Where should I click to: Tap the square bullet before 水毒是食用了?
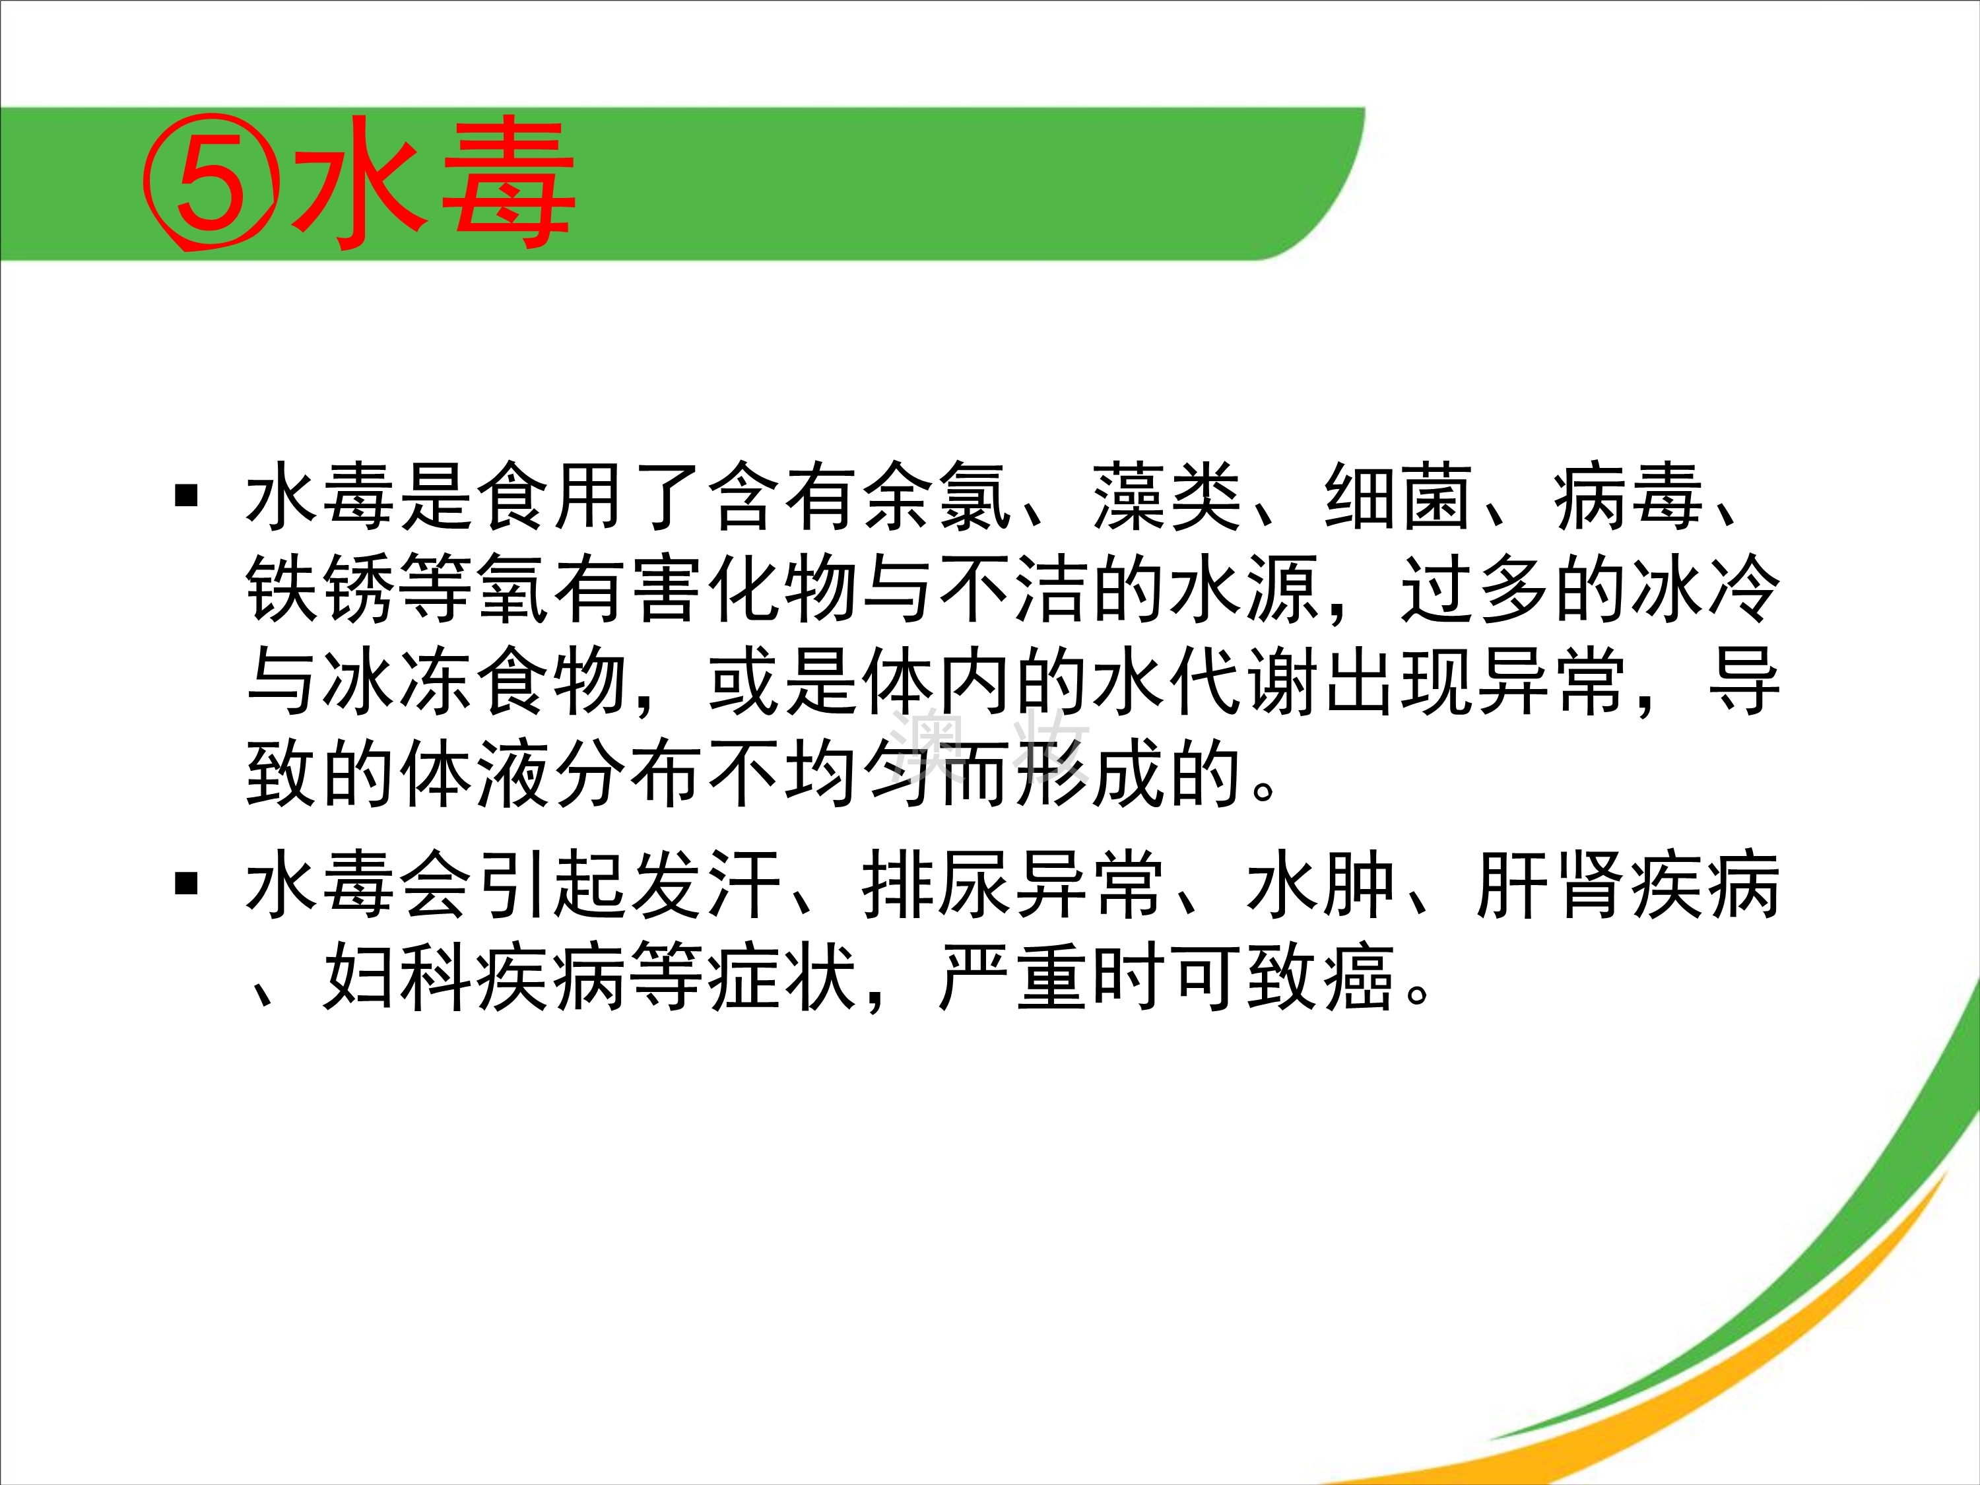[186, 495]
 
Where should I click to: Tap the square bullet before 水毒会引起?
[186, 884]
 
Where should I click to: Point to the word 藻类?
[1168, 497]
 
